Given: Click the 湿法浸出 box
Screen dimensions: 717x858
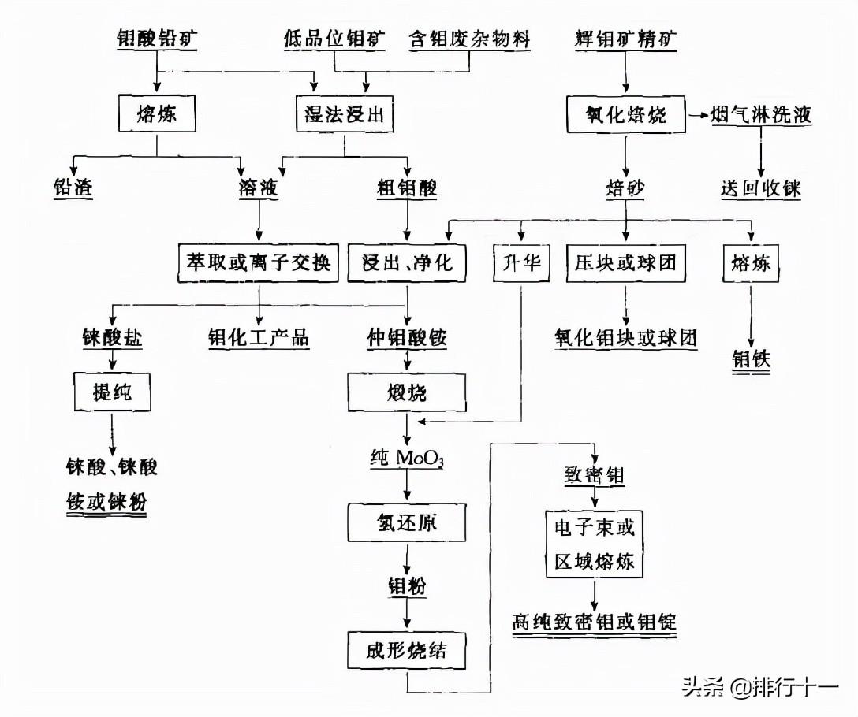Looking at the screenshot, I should click(344, 113).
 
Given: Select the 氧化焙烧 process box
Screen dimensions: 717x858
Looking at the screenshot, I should click(626, 114).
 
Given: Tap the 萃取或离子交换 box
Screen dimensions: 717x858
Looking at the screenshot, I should click(259, 262).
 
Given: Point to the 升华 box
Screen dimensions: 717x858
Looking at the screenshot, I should click(521, 262).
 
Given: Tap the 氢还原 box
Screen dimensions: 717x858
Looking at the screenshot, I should click(407, 522).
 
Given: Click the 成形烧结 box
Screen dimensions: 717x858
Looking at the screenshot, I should click(407, 652).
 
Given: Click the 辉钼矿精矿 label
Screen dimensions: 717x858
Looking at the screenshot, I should click(626, 40).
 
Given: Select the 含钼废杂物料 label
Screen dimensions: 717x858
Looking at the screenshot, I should click(468, 40).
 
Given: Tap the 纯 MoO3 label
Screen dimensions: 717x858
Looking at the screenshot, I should click(407, 458).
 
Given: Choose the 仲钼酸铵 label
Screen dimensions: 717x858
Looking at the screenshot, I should click(407, 339).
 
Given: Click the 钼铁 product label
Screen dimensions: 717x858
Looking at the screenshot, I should click(750, 359).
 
